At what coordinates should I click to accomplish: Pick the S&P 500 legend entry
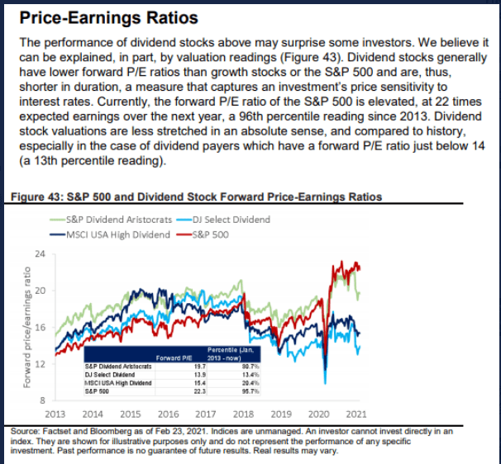pyautogui.click(x=206, y=234)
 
